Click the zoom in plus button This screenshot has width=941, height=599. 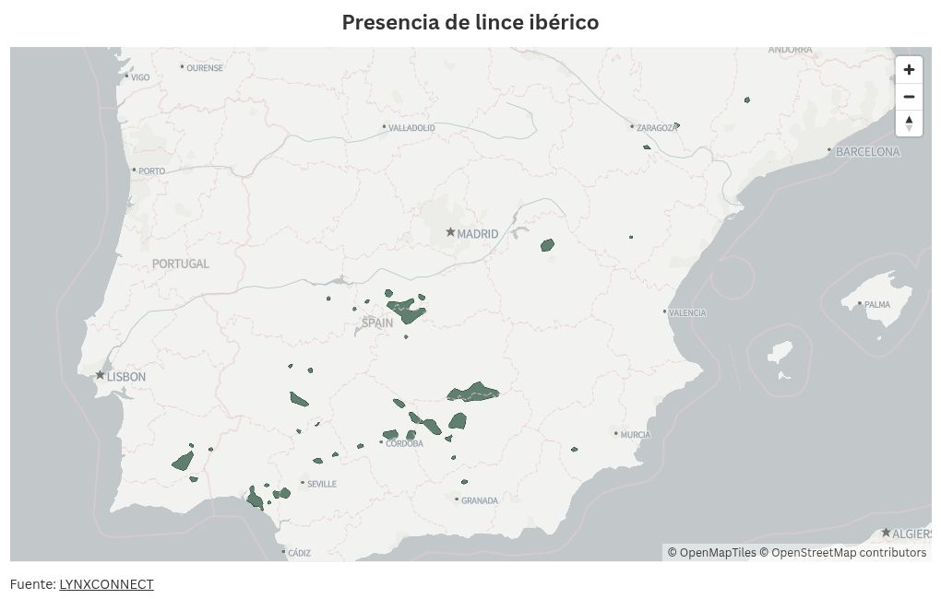pyautogui.click(x=909, y=70)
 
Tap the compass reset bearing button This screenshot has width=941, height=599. pyautogui.click(x=909, y=123)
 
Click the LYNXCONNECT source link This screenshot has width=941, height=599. pyautogui.click(x=106, y=584)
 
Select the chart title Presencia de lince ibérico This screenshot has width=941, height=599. pyautogui.click(x=470, y=22)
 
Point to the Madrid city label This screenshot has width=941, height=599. pyautogui.click(x=477, y=234)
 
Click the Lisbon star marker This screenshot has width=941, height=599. pyautogui.click(x=100, y=375)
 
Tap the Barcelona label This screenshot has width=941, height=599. pyautogui.click(x=867, y=152)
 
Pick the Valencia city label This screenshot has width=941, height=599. pyautogui.click(x=687, y=312)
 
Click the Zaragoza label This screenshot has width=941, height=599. pyautogui.click(x=657, y=128)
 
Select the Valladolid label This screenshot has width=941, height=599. pyautogui.click(x=411, y=128)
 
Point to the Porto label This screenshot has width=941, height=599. pyautogui.click(x=151, y=170)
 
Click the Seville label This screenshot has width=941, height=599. pyautogui.click(x=322, y=484)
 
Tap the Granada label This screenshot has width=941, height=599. pyautogui.click(x=480, y=500)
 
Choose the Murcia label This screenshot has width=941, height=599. pyautogui.click(x=636, y=434)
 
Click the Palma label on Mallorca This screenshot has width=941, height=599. pyautogui.click(x=877, y=304)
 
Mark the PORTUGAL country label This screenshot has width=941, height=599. pyautogui.click(x=181, y=264)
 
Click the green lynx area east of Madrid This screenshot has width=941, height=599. pyautogui.click(x=547, y=245)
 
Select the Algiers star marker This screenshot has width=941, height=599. pyautogui.click(x=886, y=533)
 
